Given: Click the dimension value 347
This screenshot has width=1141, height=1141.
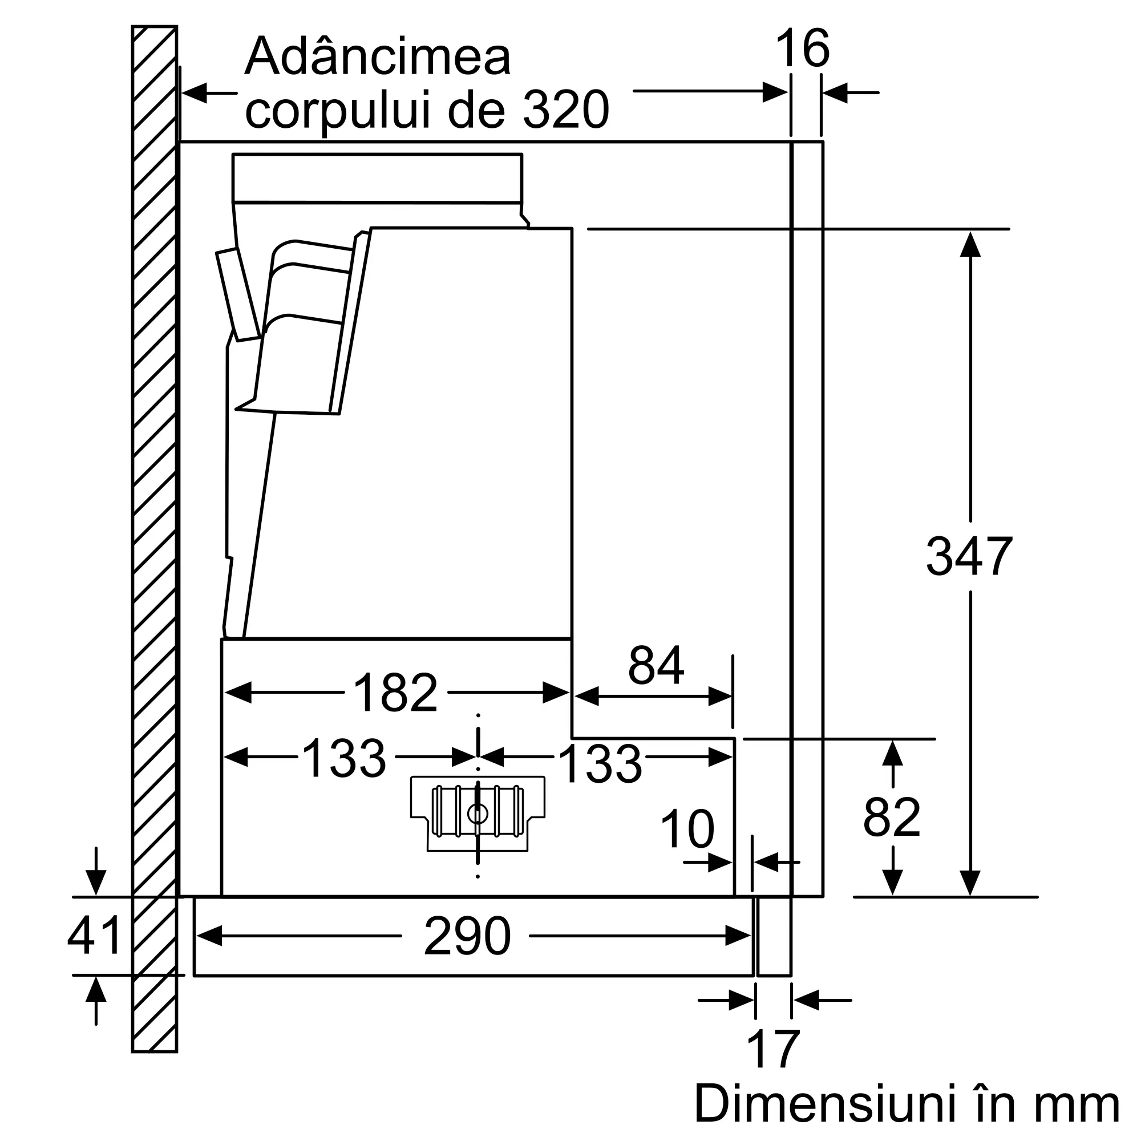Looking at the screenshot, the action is [x=969, y=556].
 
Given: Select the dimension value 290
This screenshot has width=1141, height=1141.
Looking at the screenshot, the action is [x=467, y=936].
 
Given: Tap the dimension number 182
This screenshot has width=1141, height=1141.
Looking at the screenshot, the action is [x=395, y=692].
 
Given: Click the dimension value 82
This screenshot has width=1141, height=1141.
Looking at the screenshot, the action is [x=892, y=818].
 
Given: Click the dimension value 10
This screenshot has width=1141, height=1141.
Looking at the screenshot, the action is [x=687, y=829].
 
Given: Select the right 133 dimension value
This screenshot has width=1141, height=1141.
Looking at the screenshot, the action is [x=600, y=764].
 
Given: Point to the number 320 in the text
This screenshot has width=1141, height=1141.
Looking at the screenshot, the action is [x=566, y=110].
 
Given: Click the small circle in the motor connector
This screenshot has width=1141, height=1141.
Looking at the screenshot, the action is [x=478, y=814].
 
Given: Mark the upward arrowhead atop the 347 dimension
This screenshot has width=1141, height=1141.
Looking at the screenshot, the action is [x=970, y=244].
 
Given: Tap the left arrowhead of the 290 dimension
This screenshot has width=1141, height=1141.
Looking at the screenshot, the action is [x=209, y=936].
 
